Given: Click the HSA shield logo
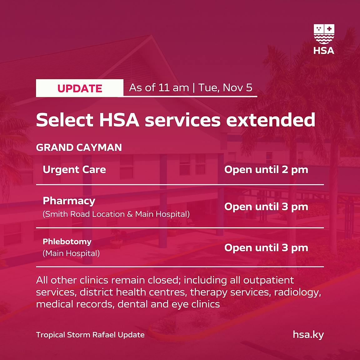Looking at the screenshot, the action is coord(324,39).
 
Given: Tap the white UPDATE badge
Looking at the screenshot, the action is coord(80,88).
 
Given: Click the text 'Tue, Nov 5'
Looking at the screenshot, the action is coord(225,88).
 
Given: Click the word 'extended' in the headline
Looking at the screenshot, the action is coord(271,120).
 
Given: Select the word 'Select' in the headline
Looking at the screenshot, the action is coord(64,120).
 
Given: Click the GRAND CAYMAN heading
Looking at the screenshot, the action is coord(79,147).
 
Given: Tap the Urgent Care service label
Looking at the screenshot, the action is coord(74,170).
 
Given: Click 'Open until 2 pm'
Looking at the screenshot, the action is coord(266,170).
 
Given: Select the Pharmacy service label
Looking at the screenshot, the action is coord(69,201).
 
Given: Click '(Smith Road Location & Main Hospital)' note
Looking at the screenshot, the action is coord(116,214).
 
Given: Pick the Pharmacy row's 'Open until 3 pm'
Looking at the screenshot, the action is coord(266,207).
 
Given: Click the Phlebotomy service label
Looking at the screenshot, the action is coord(67,242).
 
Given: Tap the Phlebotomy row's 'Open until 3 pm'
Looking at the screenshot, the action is coord(266,248).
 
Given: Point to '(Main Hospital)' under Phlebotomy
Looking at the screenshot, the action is coord(71,253).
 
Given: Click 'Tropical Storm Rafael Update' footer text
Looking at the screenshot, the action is coord(90,335).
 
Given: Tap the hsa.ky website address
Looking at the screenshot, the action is coord(308,335).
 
